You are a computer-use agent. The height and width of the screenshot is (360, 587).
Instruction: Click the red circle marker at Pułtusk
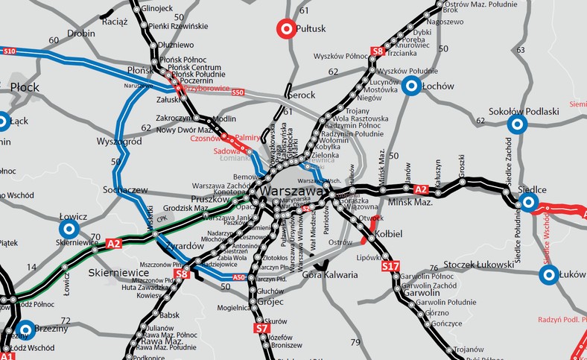[286, 29]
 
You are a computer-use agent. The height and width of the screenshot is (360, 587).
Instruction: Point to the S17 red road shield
[390, 265]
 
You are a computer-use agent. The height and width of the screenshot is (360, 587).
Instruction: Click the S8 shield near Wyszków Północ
[378, 51]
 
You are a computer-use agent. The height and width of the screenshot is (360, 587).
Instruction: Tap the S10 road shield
[9, 51]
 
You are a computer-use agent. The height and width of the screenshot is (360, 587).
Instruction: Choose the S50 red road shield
[237, 92]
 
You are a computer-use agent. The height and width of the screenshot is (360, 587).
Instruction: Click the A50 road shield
[239, 277]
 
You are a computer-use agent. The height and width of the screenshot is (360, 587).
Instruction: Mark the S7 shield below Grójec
[261, 328]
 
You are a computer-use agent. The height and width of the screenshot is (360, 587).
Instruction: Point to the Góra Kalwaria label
[330, 275]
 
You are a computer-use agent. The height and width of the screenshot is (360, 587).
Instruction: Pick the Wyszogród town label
[119, 141]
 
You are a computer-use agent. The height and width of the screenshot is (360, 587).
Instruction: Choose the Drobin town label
[81, 34]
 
